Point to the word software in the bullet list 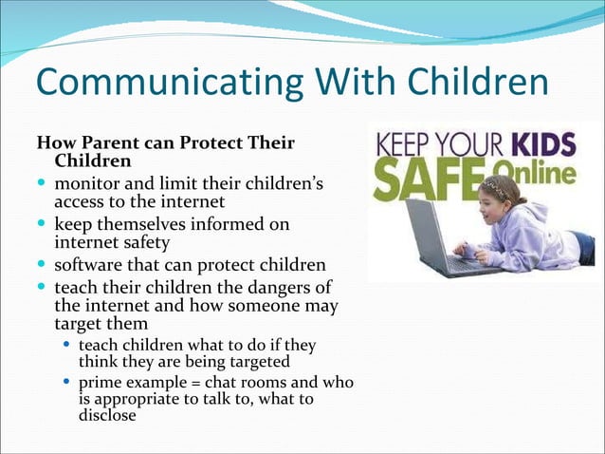click(x=87, y=263)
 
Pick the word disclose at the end click(x=106, y=415)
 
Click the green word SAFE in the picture click(x=413, y=178)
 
